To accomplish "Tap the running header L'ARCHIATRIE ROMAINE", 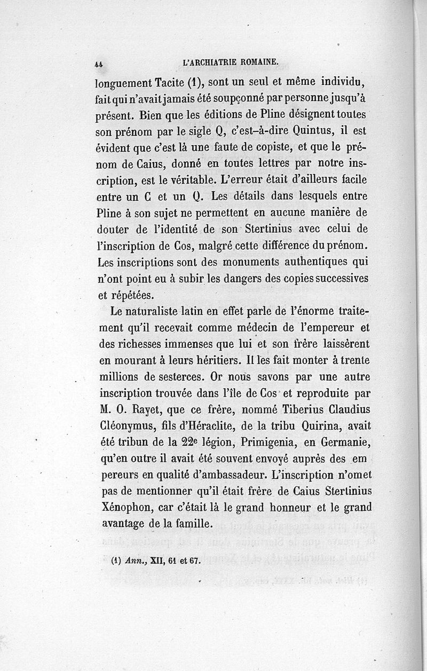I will click(x=231, y=61).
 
